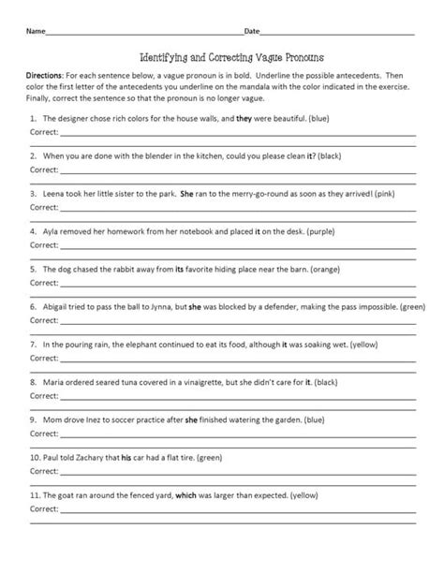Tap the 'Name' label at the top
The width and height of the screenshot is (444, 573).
coord(36,31)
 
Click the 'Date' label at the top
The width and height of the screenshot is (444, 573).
coord(252,31)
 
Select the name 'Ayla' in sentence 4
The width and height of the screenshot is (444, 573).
coord(52,228)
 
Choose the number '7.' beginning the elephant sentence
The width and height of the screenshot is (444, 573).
coord(33,344)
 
